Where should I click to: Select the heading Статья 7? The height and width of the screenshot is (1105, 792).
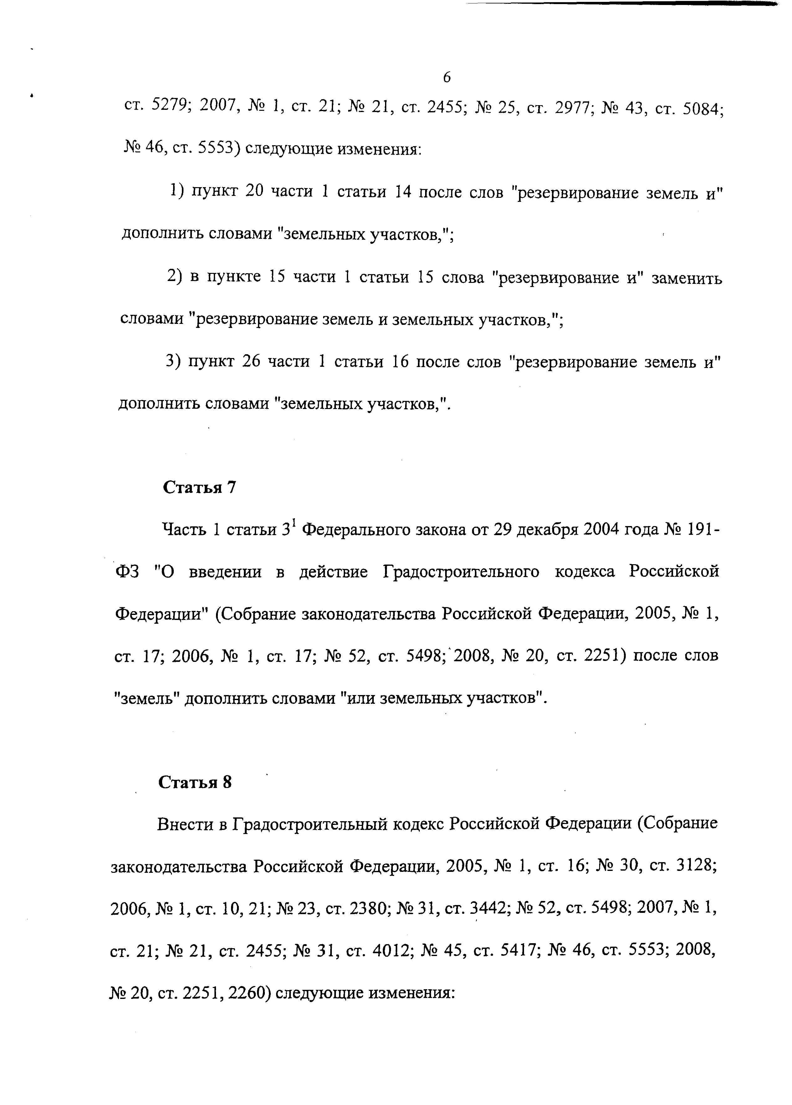199,487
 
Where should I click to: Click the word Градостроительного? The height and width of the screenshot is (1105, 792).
460,571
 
